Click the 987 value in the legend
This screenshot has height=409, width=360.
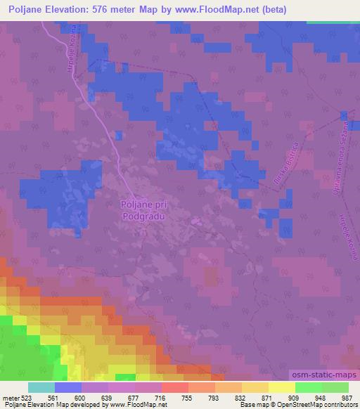[347, 397]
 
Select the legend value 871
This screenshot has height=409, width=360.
[268, 397]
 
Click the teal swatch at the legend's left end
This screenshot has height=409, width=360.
[41, 387]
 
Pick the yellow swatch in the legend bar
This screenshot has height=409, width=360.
[282, 387]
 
